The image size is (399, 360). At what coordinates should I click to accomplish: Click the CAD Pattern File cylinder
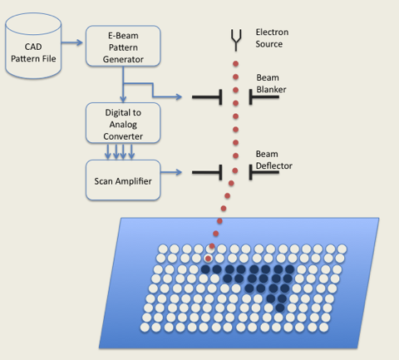(33, 46)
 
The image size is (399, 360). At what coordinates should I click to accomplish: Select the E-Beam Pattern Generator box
(123, 46)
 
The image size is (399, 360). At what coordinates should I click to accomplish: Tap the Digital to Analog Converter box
(123, 123)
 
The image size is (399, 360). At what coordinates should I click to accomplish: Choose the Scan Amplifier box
(123, 180)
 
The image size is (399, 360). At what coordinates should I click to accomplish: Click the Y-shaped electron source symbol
(236, 41)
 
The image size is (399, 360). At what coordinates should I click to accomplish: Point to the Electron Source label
(272, 38)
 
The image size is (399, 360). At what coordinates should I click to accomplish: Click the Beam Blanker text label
(271, 83)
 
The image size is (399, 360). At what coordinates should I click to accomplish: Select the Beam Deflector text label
(273, 160)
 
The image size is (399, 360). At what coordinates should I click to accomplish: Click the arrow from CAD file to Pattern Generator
(72, 42)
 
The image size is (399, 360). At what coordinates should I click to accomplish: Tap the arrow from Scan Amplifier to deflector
(171, 172)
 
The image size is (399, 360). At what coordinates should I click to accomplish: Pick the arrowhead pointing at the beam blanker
(179, 96)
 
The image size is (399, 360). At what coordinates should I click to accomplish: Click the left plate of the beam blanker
(207, 97)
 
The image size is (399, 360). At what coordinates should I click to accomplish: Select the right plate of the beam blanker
(264, 97)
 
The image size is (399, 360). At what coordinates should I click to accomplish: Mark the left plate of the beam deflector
(207, 172)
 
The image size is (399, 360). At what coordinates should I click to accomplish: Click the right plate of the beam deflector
(264, 172)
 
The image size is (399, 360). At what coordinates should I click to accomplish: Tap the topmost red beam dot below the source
(236, 64)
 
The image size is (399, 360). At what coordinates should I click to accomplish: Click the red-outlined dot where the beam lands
(208, 259)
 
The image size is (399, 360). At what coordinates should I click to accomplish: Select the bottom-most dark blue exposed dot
(280, 308)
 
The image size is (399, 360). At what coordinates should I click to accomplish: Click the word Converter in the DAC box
(123, 136)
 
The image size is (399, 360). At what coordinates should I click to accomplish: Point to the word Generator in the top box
(123, 59)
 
